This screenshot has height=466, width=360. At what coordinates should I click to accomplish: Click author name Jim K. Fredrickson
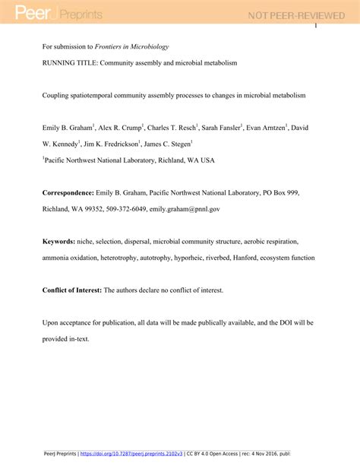click(x=117, y=143)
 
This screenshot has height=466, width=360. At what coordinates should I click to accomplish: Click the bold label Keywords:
click(x=58, y=241)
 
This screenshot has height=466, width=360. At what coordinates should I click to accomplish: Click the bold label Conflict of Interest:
click(x=71, y=290)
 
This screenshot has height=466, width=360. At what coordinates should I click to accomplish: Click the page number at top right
click(x=315, y=27)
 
